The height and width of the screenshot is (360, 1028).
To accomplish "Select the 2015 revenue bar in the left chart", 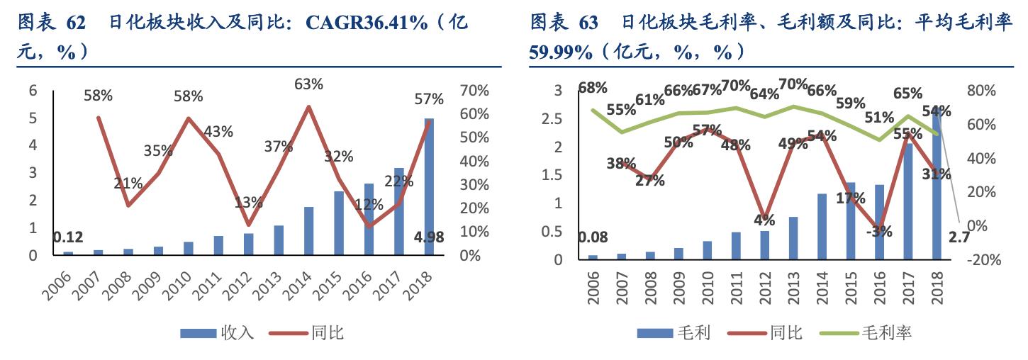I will tap(339, 223).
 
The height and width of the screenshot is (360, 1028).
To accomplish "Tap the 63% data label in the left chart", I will tap(308, 84).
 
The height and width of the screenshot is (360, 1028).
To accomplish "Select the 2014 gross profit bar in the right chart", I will tap(822, 226).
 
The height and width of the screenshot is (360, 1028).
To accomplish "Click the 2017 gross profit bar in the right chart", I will tap(908, 201).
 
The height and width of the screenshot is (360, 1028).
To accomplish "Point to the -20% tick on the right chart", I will tap(985, 260).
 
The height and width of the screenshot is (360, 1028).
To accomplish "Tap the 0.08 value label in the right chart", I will tap(593, 237).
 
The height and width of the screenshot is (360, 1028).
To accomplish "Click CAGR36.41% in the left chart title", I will tap(367, 23).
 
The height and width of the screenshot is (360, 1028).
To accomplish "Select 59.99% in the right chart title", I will tap(560, 51).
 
